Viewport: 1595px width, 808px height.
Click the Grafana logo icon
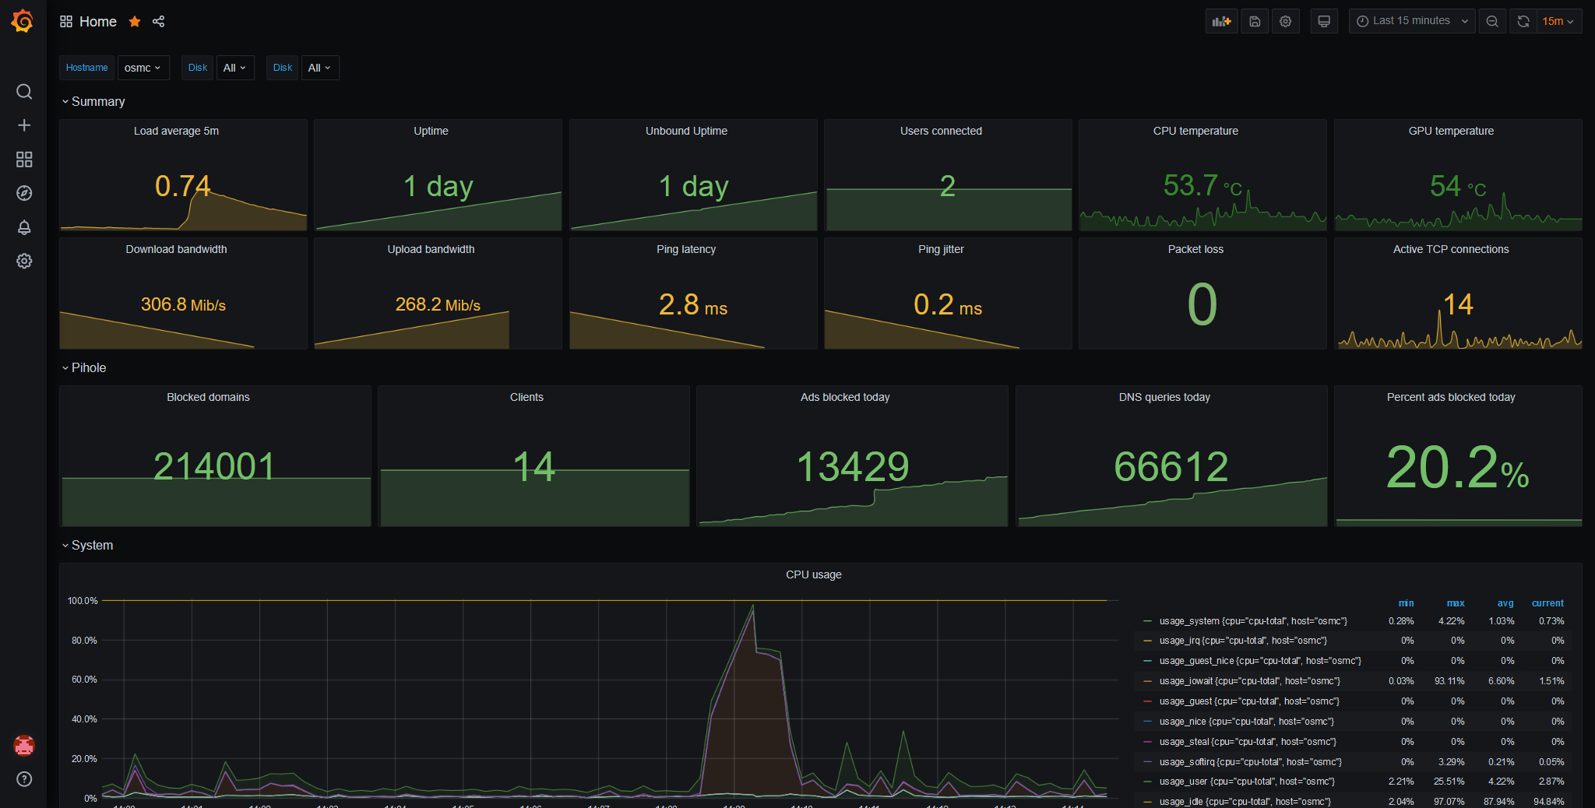pos(23,21)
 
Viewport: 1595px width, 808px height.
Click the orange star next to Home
pos(135,22)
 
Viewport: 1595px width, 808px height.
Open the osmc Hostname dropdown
pos(143,68)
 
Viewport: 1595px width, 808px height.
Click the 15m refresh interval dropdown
pos(1558,21)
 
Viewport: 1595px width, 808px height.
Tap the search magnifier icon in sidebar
pos(24,92)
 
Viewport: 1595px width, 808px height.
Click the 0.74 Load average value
pos(183,187)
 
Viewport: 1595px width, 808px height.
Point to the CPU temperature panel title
pos(1195,131)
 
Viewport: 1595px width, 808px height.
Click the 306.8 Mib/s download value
pos(183,304)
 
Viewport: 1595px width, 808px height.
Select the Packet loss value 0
pos(1202,304)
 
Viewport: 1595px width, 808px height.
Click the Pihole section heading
pos(89,367)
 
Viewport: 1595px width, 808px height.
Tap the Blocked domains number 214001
pos(214,466)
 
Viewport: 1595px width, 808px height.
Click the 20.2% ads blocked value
pos(1457,468)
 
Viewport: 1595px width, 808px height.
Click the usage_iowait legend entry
pos(1249,681)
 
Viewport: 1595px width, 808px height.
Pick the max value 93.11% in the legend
pos(1449,681)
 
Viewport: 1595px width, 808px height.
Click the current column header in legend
pos(1547,603)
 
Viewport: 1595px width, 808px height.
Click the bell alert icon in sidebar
pos(24,227)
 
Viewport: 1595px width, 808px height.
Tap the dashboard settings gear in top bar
pos(1286,21)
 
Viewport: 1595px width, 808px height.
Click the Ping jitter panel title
pos(941,249)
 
